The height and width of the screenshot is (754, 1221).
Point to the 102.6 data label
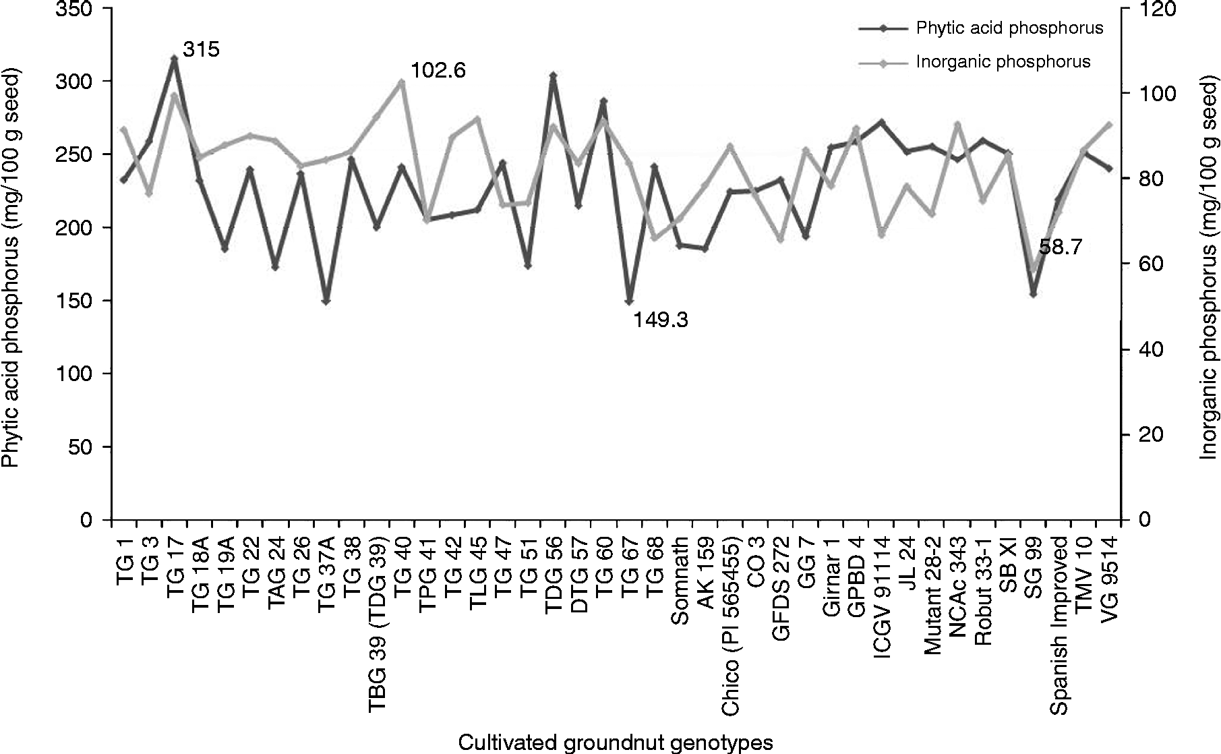(438, 71)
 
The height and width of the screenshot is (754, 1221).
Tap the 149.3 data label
(660, 320)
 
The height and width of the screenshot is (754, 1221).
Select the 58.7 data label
(1060, 248)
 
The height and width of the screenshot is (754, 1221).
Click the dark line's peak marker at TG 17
(174, 59)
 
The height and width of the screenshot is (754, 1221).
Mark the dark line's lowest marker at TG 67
(629, 301)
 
